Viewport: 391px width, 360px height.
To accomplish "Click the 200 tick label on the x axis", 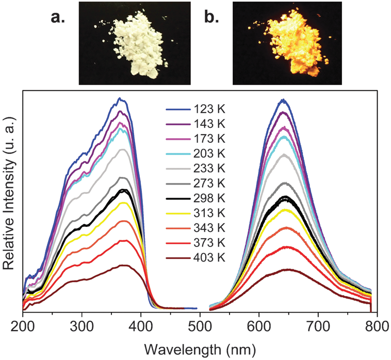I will click(x=23, y=326).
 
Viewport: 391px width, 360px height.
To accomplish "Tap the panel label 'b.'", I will click(x=211, y=18).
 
